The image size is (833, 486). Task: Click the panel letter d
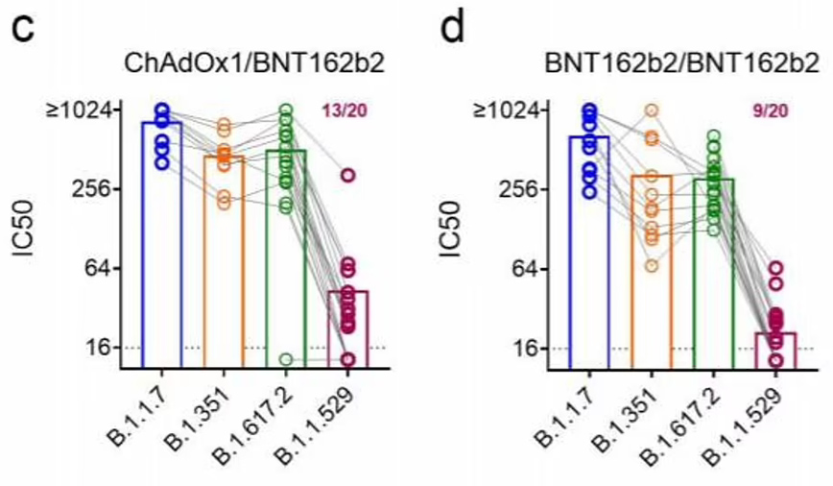click(x=452, y=30)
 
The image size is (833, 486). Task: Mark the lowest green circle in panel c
click(x=286, y=359)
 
